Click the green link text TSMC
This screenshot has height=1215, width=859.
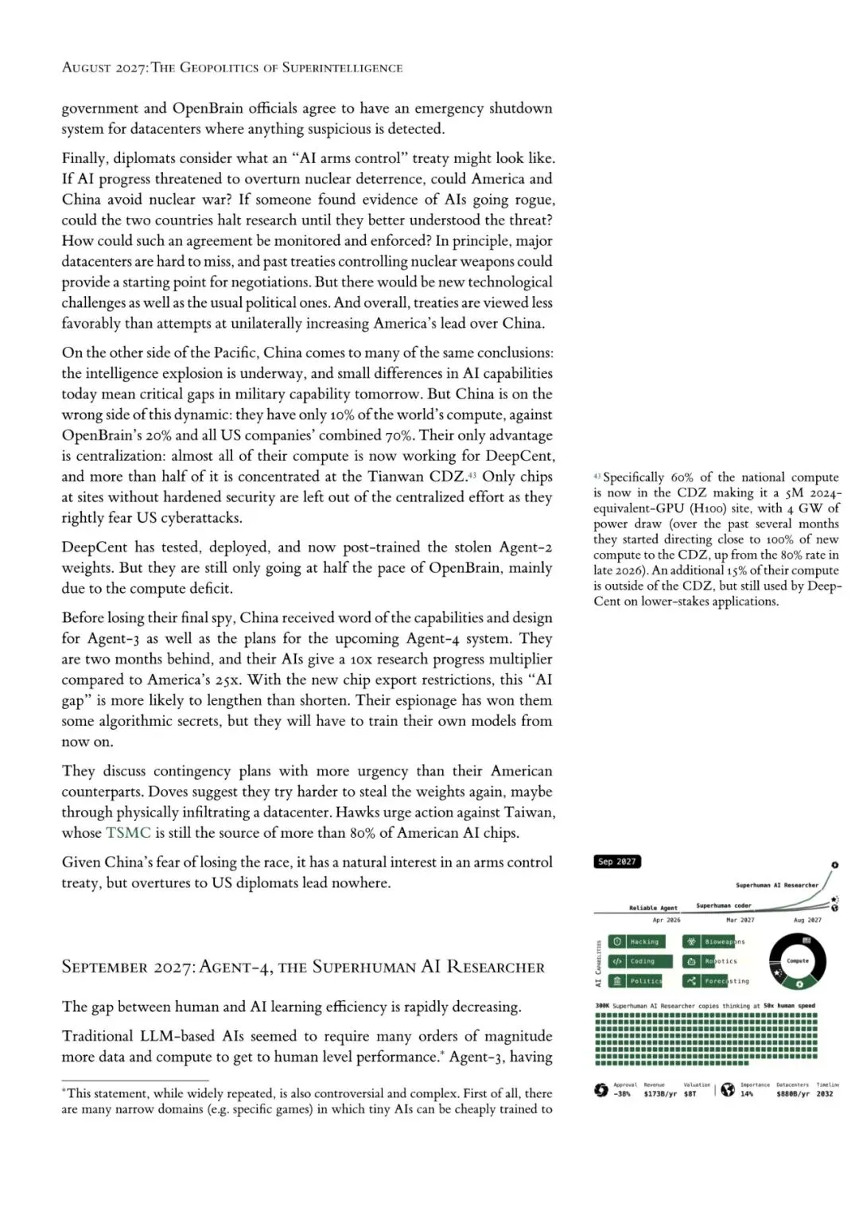pyautogui.click(x=128, y=833)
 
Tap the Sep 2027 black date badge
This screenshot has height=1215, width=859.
pyautogui.click(x=617, y=862)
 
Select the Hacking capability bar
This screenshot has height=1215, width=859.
pyautogui.click(x=636, y=942)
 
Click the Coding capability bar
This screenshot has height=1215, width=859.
pyautogui.click(x=639, y=961)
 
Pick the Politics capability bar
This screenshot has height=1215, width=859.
pyautogui.click(x=635, y=981)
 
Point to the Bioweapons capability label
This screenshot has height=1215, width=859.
pyautogui.click(x=725, y=942)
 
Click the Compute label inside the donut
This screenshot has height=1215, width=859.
pyautogui.click(x=797, y=961)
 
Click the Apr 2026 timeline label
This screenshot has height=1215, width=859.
pyautogui.click(x=667, y=920)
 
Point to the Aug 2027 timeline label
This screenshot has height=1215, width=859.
pyautogui.click(x=807, y=920)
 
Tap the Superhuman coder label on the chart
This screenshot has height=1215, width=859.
pyautogui.click(x=723, y=905)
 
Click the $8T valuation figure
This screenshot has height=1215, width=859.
pyautogui.click(x=690, y=1094)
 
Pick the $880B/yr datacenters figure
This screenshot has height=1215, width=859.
pyautogui.click(x=792, y=1094)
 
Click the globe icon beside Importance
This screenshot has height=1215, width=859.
pyautogui.click(x=728, y=1090)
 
